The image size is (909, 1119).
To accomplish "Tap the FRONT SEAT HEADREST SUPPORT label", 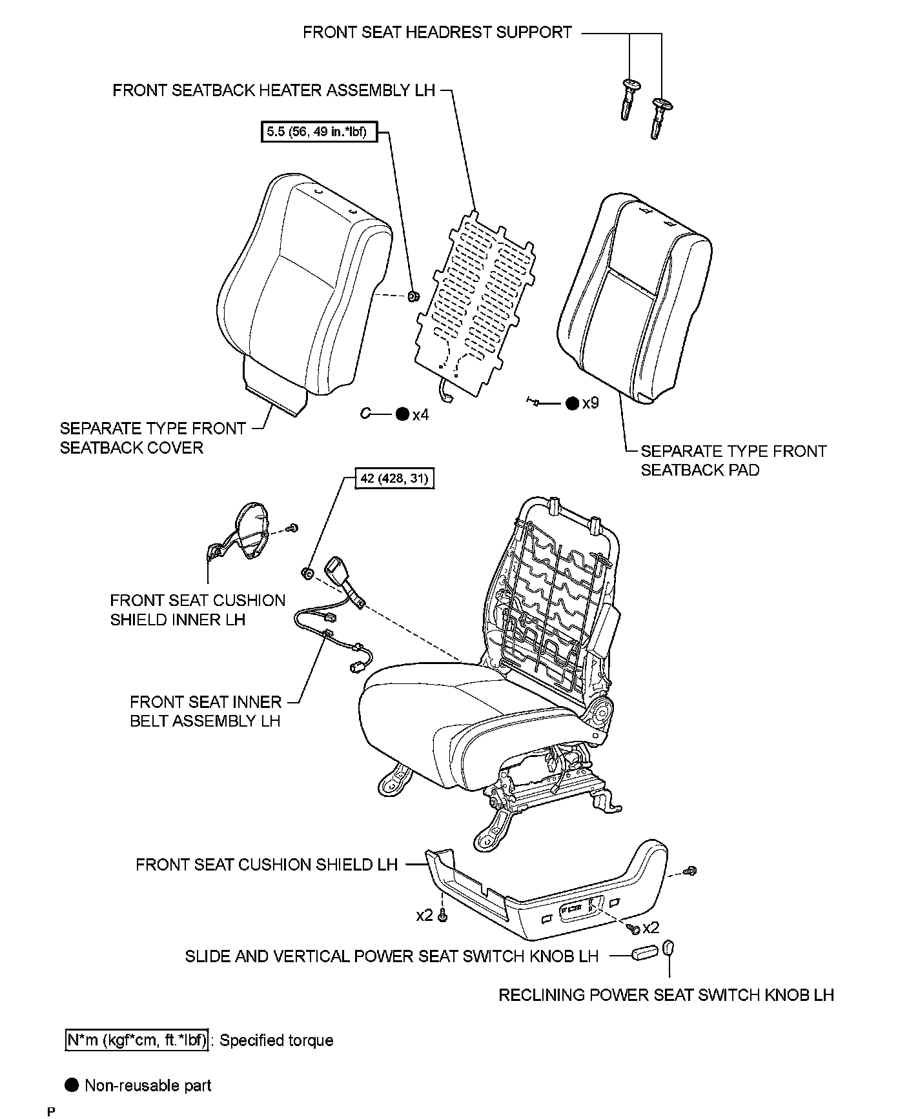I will point(437,32).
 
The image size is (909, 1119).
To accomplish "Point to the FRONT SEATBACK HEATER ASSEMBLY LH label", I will point(274,90).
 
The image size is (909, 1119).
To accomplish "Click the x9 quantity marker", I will point(590,403).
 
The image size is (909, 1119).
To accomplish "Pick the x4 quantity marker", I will point(420,414).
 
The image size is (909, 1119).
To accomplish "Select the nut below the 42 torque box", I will point(307,572).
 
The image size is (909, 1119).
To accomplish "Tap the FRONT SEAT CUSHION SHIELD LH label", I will point(267,864).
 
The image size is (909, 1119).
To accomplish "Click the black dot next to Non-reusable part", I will point(72,1085).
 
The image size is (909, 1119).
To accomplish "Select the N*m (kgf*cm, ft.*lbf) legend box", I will point(137,1040).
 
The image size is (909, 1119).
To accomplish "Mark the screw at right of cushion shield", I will point(691,871).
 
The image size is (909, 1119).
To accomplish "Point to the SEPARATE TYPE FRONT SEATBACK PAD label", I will point(733,460).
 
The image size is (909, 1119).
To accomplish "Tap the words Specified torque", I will point(276,1040).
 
